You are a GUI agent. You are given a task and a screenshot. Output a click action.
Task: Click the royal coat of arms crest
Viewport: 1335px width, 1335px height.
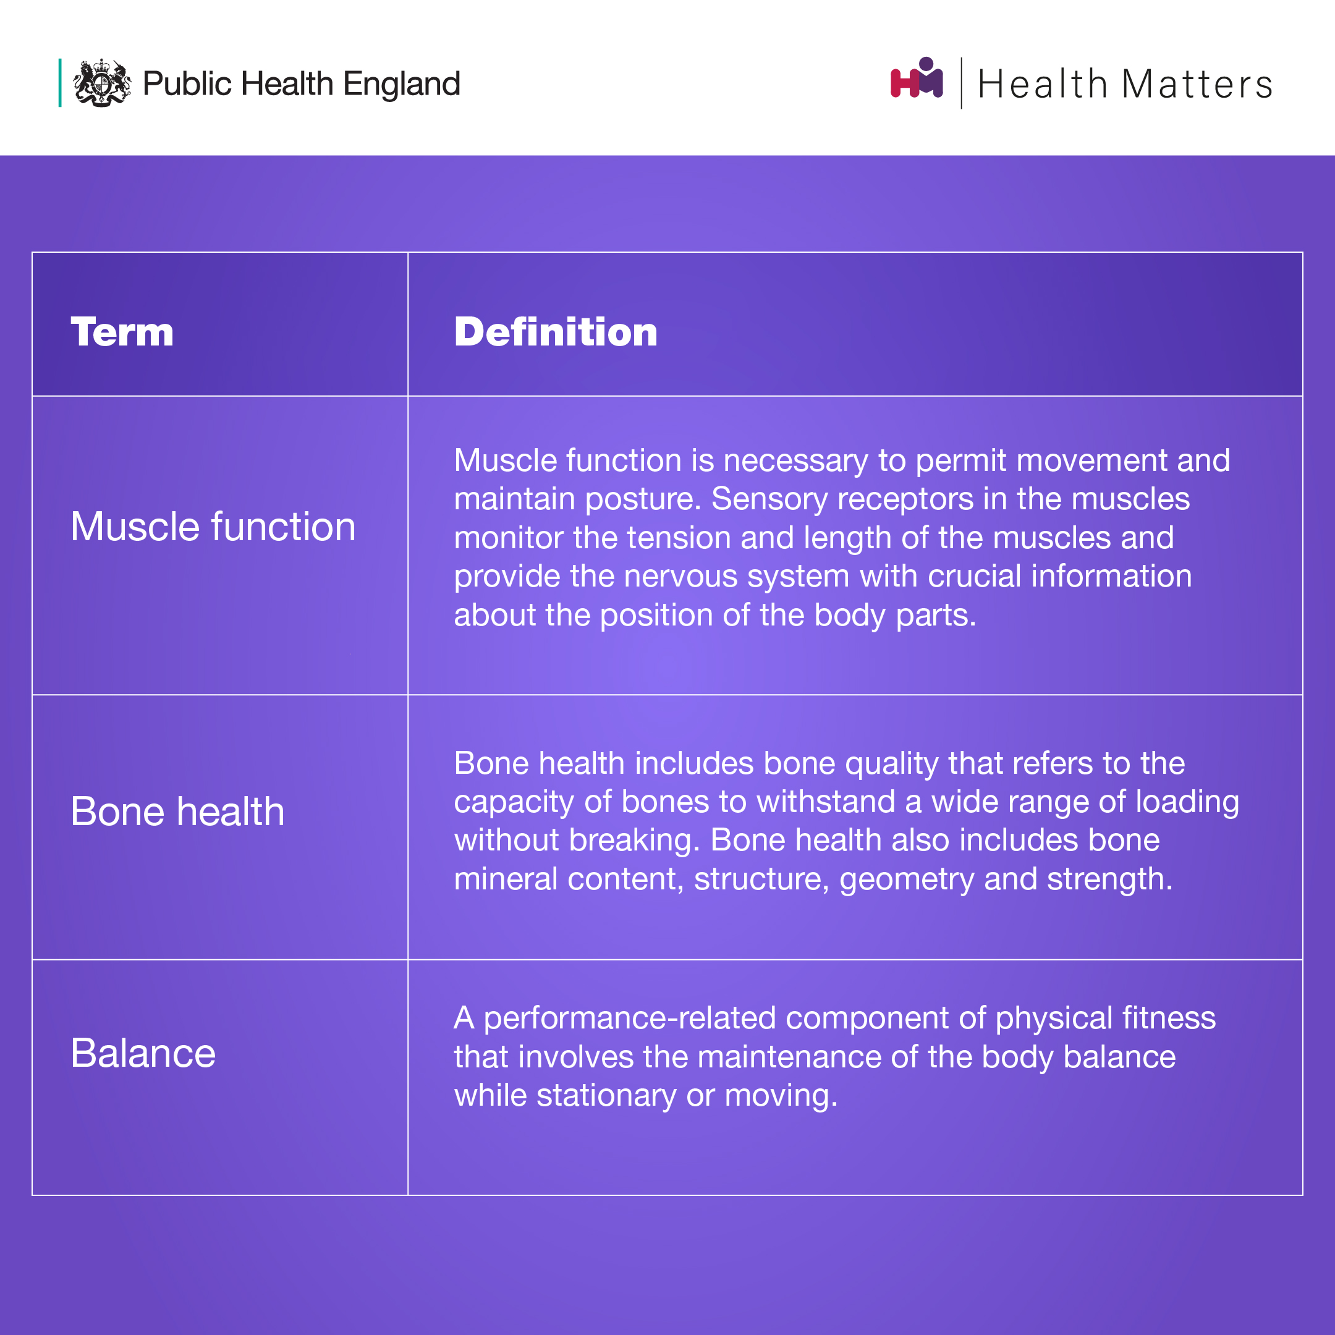pyautogui.click(x=102, y=83)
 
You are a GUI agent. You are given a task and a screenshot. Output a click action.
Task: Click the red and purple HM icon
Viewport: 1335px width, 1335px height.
pyautogui.click(x=917, y=78)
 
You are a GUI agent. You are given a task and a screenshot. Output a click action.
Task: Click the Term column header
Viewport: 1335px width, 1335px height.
pyautogui.click(x=122, y=332)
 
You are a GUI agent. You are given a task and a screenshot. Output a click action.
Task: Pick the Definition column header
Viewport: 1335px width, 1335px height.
pyautogui.click(x=556, y=332)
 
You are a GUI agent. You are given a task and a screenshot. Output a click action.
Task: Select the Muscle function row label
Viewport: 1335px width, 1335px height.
pyautogui.click(x=213, y=527)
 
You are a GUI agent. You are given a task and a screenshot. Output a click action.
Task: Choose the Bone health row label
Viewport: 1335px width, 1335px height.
pyautogui.click(x=177, y=812)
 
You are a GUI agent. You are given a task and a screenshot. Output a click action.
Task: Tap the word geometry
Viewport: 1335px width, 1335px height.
pyautogui.click(x=907, y=879)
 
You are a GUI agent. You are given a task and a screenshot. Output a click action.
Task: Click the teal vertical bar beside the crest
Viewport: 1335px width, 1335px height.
pyautogui.click(x=60, y=83)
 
